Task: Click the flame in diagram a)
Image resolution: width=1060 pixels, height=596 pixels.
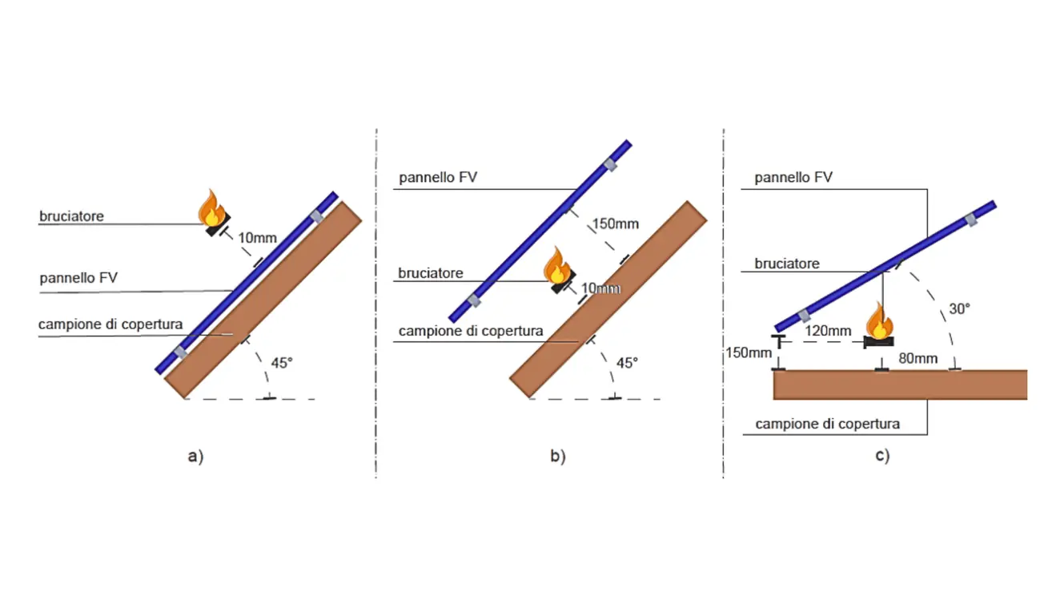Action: pos(211,207)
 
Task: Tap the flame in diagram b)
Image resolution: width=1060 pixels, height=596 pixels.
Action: pos(556,266)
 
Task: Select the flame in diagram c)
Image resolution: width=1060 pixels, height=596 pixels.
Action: pos(879,321)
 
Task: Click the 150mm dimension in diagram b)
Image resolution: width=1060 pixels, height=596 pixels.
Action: pos(616,223)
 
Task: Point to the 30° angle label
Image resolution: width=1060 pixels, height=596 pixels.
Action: pos(959,308)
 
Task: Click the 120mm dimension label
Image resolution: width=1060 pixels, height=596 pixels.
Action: pos(828,331)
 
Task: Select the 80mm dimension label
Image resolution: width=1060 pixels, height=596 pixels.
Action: pos(917,358)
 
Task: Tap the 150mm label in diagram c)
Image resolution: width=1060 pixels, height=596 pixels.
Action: pos(749,352)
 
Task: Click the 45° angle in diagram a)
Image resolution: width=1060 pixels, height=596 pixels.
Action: pos(282,362)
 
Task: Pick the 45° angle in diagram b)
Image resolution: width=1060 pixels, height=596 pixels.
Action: pos(627,363)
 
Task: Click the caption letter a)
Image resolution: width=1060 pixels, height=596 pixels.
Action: pos(195,457)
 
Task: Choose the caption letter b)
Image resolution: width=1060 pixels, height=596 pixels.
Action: pos(557,457)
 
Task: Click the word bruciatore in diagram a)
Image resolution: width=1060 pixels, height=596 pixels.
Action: pos(72,216)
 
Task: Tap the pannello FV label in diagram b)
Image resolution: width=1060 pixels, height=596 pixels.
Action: pos(438,177)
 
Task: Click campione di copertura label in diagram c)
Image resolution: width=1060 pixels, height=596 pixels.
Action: pos(828,424)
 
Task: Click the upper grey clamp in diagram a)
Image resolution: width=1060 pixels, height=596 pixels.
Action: pos(318,215)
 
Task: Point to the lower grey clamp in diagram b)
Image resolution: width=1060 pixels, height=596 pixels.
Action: pos(473,300)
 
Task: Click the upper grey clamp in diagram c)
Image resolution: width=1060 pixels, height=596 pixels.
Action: pos(972,219)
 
